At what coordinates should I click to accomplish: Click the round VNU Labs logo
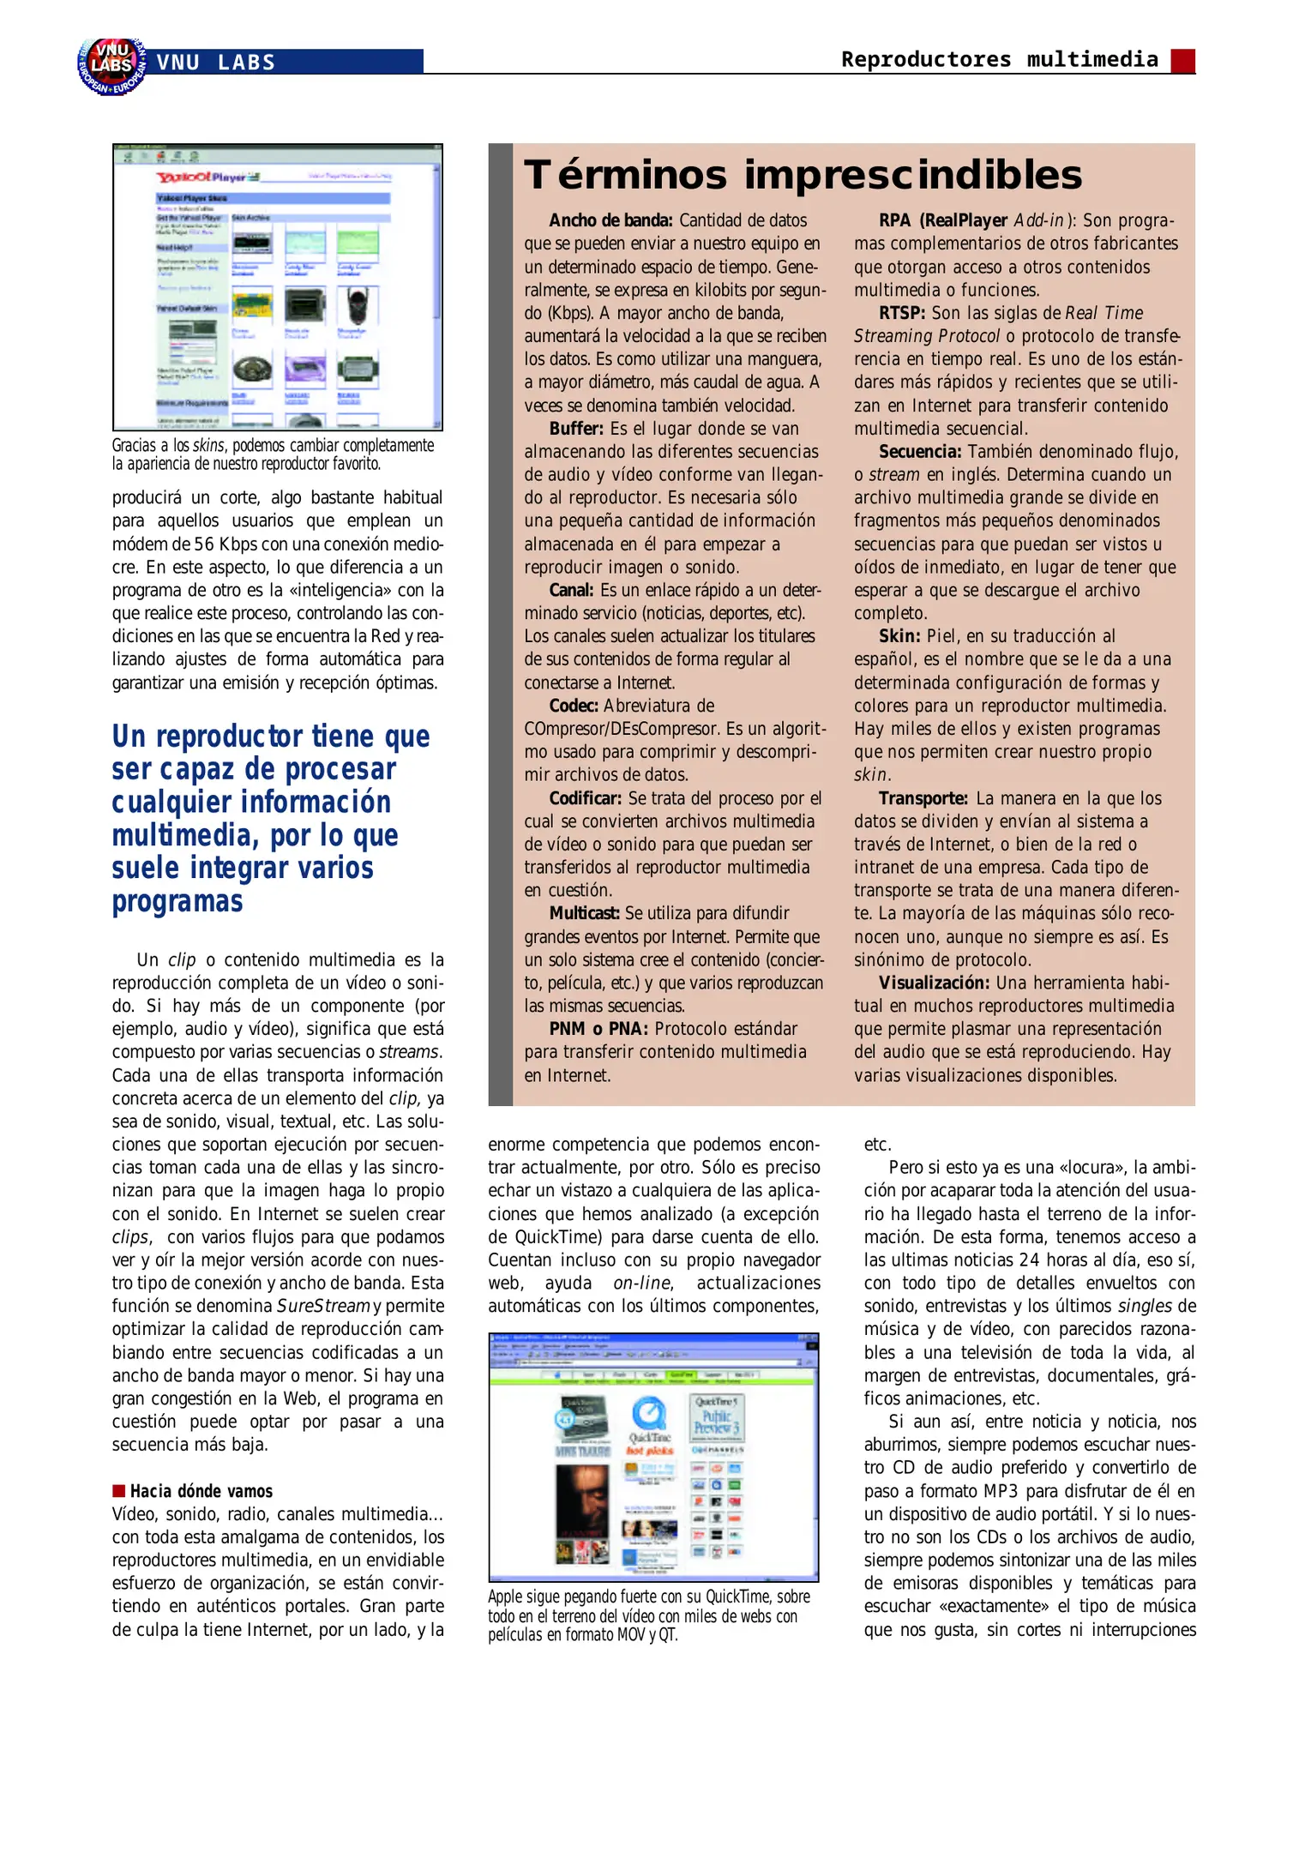click(111, 66)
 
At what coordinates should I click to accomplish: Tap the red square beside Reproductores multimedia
click(1182, 61)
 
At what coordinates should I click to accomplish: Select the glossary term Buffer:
click(576, 429)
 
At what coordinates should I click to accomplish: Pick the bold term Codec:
click(573, 706)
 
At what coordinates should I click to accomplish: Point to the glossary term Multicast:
click(583, 914)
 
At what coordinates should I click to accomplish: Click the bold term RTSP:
click(901, 313)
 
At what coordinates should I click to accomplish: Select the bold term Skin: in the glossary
click(899, 636)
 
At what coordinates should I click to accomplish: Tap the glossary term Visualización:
click(933, 983)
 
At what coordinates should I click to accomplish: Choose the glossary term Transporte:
click(923, 798)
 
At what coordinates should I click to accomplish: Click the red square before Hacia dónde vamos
click(119, 1491)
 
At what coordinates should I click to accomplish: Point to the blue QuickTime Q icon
click(649, 1414)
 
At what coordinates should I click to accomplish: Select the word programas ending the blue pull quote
click(177, 902)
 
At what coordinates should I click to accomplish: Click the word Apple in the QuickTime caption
click(506, 1597)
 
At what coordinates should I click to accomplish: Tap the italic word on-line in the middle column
click(642, 1284)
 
